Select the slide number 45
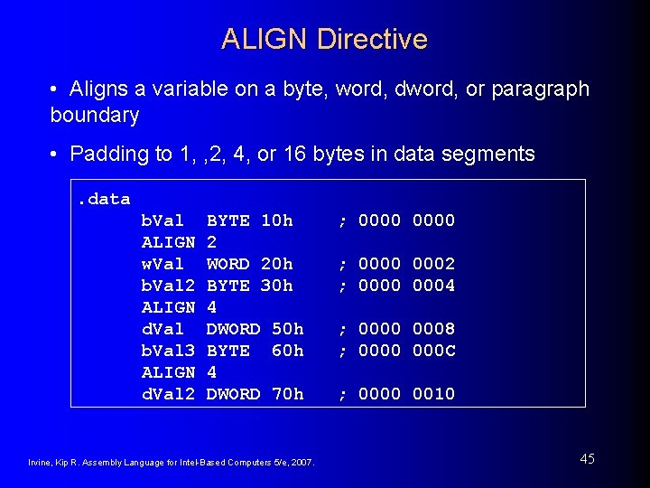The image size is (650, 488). pyautogui.click(x=587, y=459)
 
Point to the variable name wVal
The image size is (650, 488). pyautogui.click(x=162, y=264)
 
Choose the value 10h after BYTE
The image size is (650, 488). pyautogui.click(x=276, y=221)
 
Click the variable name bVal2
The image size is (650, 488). pyautogui.click(x=168, y=286)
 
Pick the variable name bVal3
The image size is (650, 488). pyautogui.click(x=168, y=351)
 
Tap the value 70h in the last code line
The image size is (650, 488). pyautogui.click(x=287, y=394)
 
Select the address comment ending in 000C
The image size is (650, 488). pyautogui.click(x=433, y=351)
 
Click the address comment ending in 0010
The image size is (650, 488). pyautogui.click(x=433, y=394)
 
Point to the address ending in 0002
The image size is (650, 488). pyautogui.click(x=433, y=264)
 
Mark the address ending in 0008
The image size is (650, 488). pyautogui.click(x=433, y=329)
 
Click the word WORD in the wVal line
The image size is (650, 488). pyautogui.click(x=227, y=264)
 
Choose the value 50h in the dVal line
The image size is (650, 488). pyautogui.click(x=287, y=329)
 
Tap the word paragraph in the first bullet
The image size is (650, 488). pyautogui.click(x=539, y=89)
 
